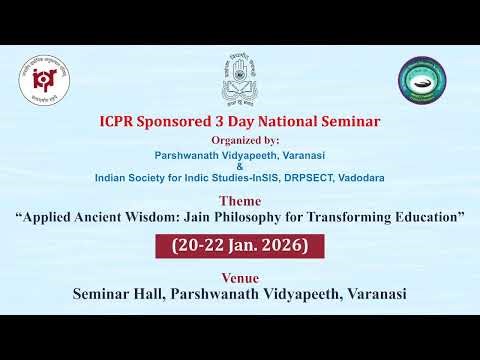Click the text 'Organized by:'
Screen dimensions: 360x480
pos(240,141)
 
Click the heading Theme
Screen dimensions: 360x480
pos(240,200)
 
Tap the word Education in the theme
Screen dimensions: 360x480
pos(427,215)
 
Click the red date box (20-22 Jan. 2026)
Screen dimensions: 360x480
pos(240,245)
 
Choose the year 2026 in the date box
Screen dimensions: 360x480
pos(293,245)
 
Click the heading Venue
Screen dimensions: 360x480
pos(240,277)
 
